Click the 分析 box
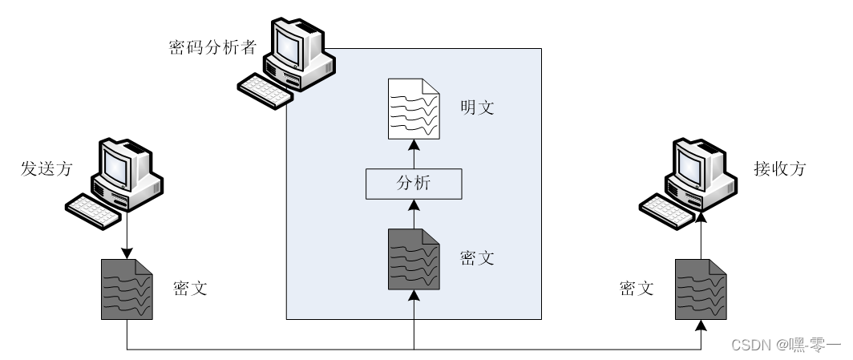(414, 184)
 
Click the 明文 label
(477, 107)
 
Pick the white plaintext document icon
(414, 108)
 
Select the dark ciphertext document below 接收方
(701, 289)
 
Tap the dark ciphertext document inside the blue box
(414, 258)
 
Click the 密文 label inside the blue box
(477, 258)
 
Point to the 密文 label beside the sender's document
(190, 288)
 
